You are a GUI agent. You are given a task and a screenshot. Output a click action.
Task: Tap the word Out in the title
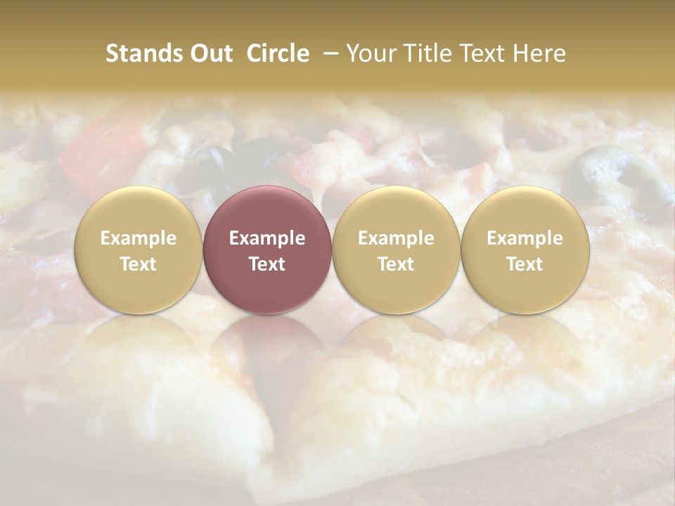pos(210,53)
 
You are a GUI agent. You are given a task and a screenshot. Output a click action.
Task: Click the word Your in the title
pos(370,53)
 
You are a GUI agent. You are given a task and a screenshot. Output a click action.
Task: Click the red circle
pos(267,250)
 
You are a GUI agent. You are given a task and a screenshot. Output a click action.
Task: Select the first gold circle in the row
pos(139,250)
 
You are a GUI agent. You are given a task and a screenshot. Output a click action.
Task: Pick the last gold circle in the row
pos(525,250)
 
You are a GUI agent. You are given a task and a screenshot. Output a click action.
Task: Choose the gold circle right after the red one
pos(396,250)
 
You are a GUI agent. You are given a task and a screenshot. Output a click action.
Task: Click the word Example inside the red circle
pos(267,238)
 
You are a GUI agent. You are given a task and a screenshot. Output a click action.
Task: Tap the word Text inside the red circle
pos(267,264)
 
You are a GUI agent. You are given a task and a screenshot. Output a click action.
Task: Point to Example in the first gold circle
pos(139,238)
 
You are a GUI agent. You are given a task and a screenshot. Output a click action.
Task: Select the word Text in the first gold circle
pos(139,264)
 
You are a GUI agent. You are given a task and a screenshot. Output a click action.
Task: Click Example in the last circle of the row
pos(525,238)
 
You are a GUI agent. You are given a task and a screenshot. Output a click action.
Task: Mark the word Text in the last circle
pos(525,264)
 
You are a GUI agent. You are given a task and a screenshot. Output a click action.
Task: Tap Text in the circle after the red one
pos(396,264)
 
